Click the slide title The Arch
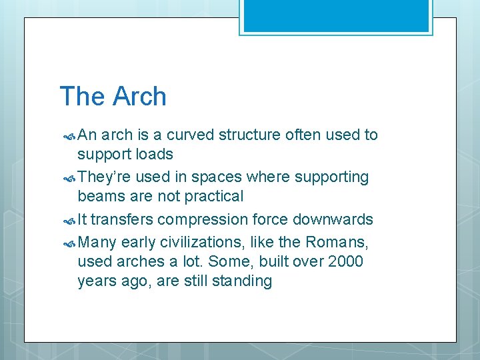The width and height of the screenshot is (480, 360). pyautogui.click(x=113, y=97)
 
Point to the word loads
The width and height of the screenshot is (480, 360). pyautogui.click(x=154, y=154)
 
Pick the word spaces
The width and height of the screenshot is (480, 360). pyautogui.click(x=217, y=177)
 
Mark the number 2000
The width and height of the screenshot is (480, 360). pyautogui.click(x=345, y=261)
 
